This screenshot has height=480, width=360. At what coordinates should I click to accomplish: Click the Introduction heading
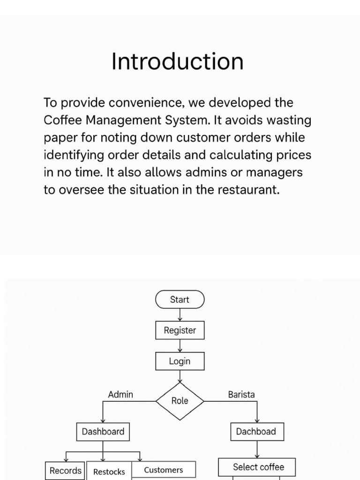[x=177, y=62]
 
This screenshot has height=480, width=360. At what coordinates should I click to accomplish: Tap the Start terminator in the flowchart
[x=180, y=300]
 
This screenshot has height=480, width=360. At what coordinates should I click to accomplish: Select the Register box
[x=180, y=330]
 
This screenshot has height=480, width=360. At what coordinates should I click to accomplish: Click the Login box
[x=180, y=361]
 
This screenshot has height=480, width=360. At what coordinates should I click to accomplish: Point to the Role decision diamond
[x=180, y=401]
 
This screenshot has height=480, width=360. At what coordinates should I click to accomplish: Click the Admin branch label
[x=120, y=394]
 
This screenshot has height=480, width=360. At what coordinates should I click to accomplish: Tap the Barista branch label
[x=241, y=394]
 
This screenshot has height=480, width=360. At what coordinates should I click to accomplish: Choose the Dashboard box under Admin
[x=103, y=431]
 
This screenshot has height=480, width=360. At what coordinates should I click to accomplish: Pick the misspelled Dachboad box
[x=256, y=431]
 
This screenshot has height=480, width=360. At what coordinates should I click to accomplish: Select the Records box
[x=65, y=471]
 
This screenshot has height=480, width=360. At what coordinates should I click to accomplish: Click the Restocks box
[x=109, y=472]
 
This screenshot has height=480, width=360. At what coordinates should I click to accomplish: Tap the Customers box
[x=163, y=470]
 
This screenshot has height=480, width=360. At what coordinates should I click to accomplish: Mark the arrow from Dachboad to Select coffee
[x=257, y=450]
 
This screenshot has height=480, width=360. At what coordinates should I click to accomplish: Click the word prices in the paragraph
[x=294, y=155]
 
